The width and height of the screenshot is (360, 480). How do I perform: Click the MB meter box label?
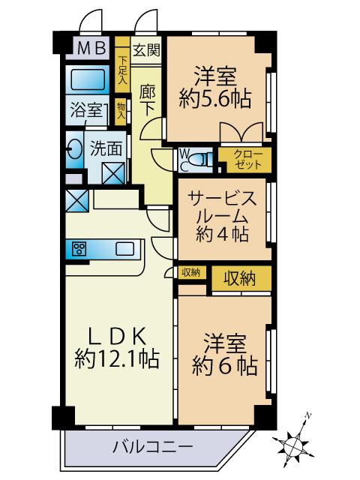coord(91,48)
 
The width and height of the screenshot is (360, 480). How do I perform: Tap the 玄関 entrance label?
coord(146,50)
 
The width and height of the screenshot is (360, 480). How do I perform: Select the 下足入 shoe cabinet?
coord(122,64)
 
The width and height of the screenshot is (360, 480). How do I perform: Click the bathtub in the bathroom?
coord(88,79)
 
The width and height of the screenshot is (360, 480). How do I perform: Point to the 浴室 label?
coord(86,110)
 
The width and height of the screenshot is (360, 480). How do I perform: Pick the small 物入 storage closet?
coord(121,112)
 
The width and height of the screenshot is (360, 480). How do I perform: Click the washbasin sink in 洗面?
coord(75,149)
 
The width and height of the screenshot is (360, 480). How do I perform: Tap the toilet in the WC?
coord(199,159)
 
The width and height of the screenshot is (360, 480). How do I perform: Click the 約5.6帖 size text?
coord(215,98)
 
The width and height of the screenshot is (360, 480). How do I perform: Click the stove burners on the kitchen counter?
coord(79,248)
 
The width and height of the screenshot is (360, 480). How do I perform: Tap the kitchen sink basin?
coord(124,248)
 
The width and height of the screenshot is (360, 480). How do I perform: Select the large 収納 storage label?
coord(240,278)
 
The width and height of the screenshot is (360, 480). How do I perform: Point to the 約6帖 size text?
coord(225,366)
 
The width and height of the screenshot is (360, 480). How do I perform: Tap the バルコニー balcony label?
coord(153,447)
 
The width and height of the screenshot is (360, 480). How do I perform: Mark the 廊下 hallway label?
coord(147,100)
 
